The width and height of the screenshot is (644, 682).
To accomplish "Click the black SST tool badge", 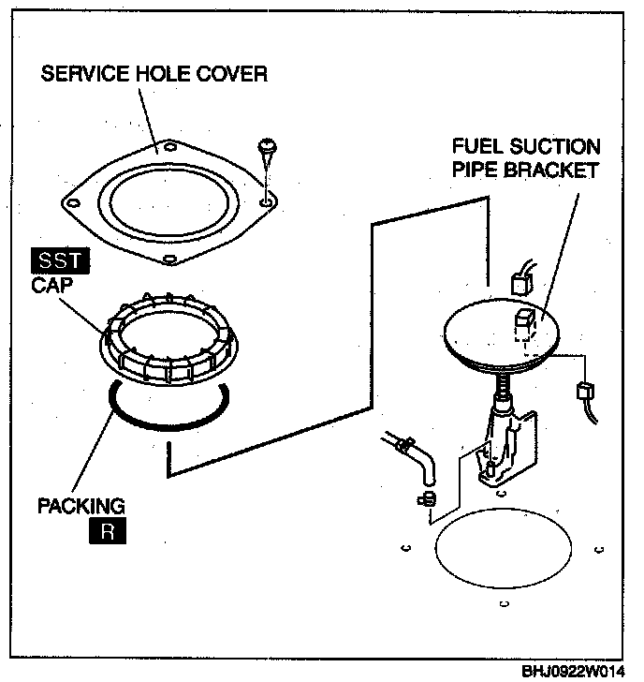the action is click(x=61, y=260).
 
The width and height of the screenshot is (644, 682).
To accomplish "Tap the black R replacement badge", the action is click(x=108, y=530).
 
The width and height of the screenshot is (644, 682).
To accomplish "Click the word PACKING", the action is click(x=81, y=506).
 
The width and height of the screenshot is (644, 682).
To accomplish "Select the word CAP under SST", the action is click(x=51, y=285).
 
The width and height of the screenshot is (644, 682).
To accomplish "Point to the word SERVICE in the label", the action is click(x=86, y=73).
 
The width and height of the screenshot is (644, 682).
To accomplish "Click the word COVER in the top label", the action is click(x=231, y=73).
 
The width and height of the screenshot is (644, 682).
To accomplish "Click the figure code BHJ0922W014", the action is click(x=573, y=672).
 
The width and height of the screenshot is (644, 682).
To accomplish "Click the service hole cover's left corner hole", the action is click(x=73, y=203).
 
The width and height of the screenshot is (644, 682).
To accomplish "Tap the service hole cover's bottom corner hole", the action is click(x=170, y=260).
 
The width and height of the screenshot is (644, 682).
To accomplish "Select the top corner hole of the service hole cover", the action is click(x=170, y=147).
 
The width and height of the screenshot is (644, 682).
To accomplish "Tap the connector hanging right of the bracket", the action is click(x=585, y=390).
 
